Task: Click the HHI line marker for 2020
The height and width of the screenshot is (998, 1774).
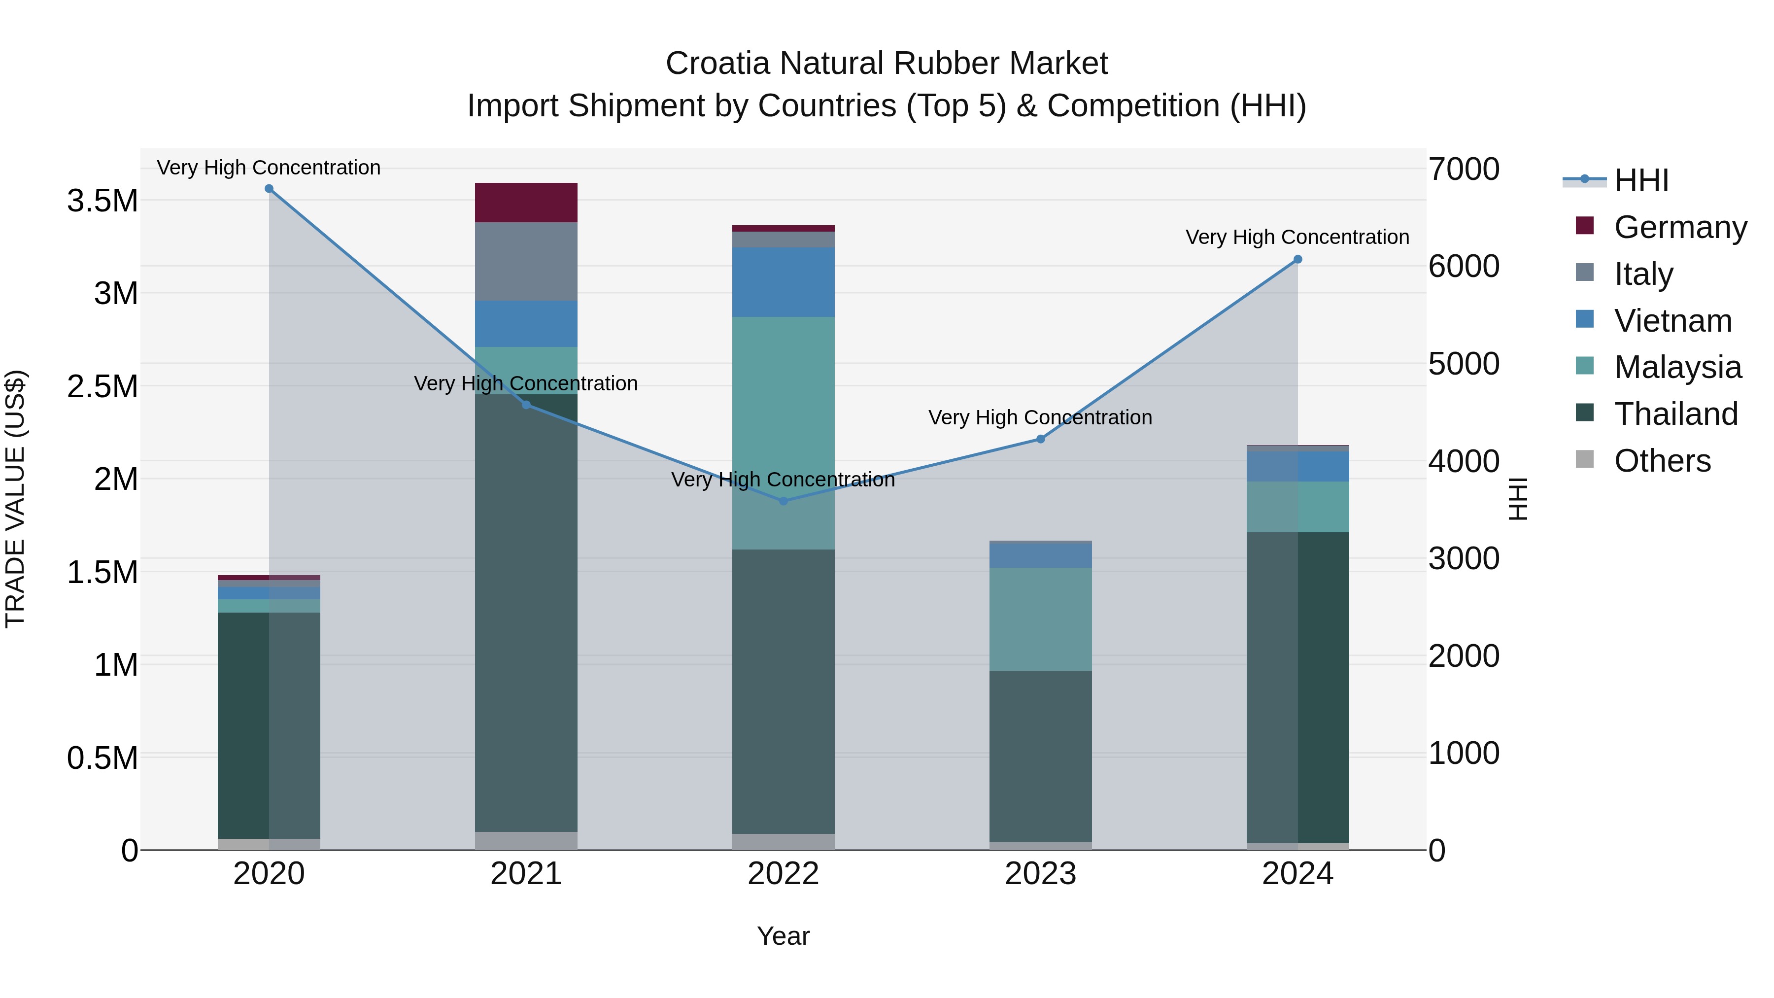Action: [x=269, y=189]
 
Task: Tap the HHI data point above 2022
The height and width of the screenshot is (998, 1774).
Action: [x=783, y=501]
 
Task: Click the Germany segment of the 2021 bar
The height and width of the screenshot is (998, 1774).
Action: [x=526, y=203]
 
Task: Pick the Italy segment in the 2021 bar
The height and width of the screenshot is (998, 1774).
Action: [x=526, y=261]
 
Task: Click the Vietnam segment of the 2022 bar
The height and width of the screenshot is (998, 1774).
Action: [x=783, y=282]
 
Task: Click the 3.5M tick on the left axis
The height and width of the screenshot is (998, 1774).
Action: [x=102, y=201]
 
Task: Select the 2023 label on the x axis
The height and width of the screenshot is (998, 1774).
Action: [x=1041, y=874]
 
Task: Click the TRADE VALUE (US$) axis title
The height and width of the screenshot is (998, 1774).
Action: [x=15, y=499]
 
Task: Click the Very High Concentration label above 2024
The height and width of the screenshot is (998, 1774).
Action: [x=1297, y=237]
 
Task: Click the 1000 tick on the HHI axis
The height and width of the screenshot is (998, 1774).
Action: [x=1464, y=754]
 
